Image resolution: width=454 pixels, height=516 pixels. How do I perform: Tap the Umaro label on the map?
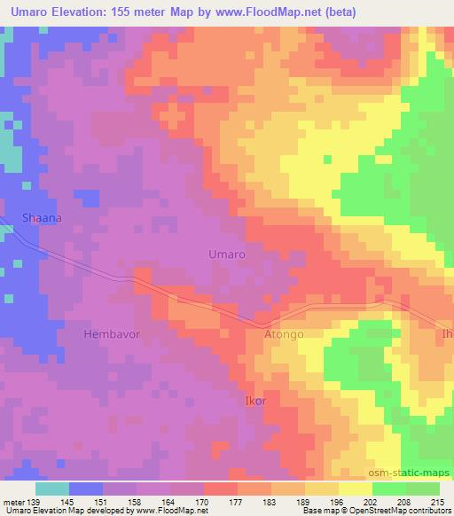(226, 254)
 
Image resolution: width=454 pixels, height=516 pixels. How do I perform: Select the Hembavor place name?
(112, 334)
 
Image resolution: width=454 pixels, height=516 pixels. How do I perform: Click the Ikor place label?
(254, 401)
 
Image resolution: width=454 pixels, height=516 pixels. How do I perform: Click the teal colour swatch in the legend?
(52, 489)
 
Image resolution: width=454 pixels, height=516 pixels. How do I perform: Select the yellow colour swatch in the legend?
(355, 489)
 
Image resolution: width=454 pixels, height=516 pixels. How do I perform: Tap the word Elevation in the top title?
(85, 11)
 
